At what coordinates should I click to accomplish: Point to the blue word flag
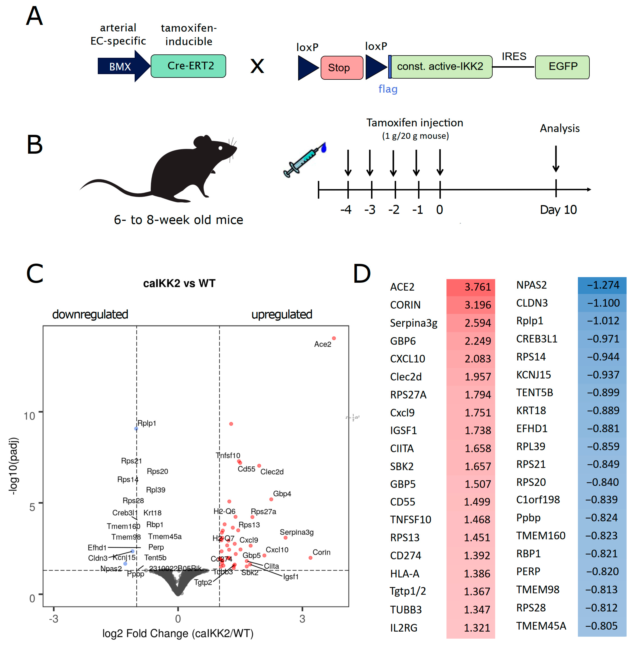tap(388, 89)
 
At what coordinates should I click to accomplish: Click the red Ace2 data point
tap(334, 338)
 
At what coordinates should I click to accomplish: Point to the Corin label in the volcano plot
tap(321, 552)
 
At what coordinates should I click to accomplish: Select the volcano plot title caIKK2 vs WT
tap(179, 283)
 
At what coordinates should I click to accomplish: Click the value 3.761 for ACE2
tap(477, 287)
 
